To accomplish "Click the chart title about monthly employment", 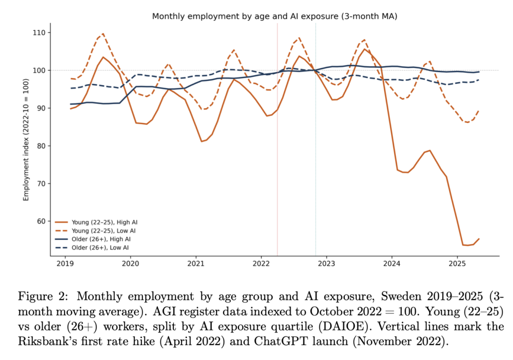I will pyautogui.click(x=274, y=17).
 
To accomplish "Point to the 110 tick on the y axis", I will pyautogui.click(x=39, y=33).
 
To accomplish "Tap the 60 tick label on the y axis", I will pyautogui.click(x=41, y=221).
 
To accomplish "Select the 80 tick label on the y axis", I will pyautogui.click(x=41, y=146).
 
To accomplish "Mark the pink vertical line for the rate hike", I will pyautogui.click(x=277, y=150).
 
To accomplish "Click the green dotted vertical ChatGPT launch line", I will pyautogui.click(x=316, y=150).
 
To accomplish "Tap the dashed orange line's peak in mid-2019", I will pyautogui.click(x=103, y=34).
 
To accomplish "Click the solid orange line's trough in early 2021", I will pyautogui.click(x=202, y=141).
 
